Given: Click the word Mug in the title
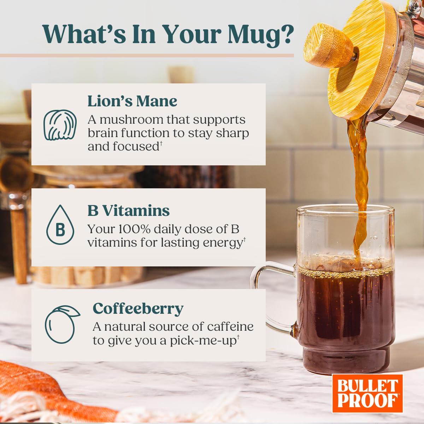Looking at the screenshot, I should coord(260,35).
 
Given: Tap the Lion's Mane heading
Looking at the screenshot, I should coord(132,101).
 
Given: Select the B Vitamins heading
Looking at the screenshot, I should coord(129,211).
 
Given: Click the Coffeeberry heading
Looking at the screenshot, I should coord(138,308).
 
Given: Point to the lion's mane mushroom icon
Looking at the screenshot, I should coord(60,125).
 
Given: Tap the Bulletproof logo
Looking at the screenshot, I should coord(367,393).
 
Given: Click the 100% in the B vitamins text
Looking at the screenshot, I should coord(127,229).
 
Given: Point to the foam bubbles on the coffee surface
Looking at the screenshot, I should coord(344,273).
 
